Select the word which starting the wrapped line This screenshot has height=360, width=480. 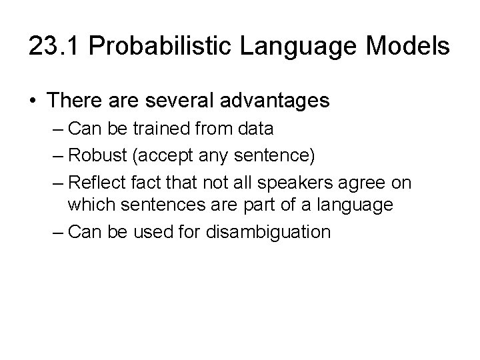[x=87, y=206]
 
